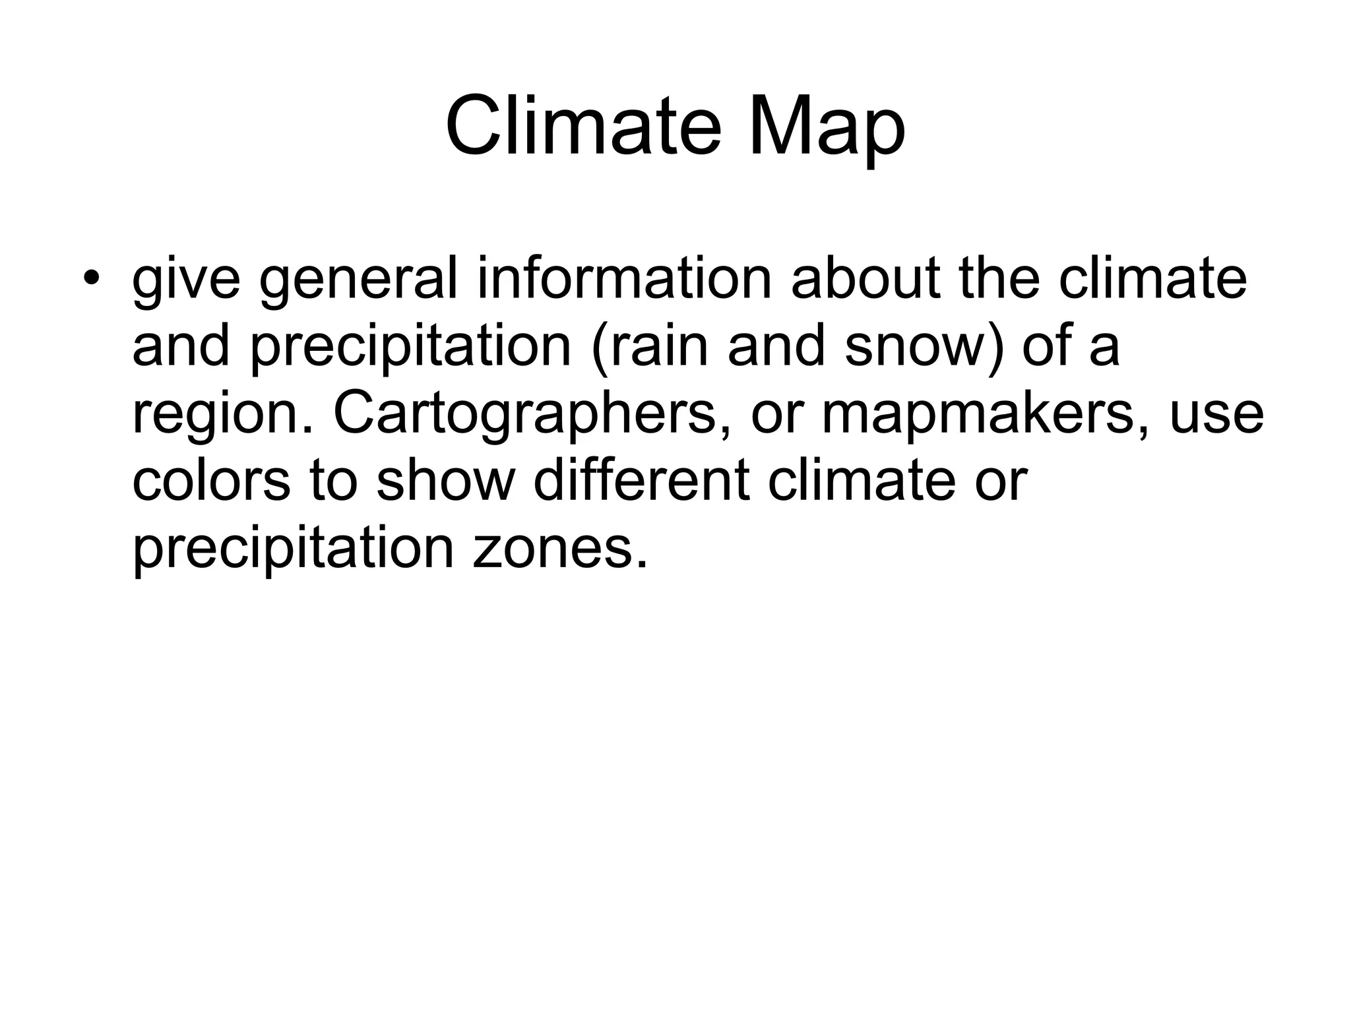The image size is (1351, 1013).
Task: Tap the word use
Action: [1216, 415]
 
